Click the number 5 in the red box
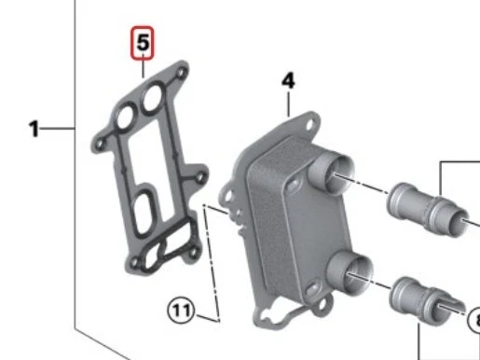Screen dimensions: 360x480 pyautogui.click(x=143, y=43)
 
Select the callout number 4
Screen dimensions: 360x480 pyautogui.click(x=289, y=82)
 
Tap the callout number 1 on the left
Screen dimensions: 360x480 pyautogui.click(x=34, y=129)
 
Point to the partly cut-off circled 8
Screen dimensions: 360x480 pyautogui.click(x=473, y=322)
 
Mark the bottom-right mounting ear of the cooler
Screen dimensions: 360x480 pyautogui.click(x=324, y=308)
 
